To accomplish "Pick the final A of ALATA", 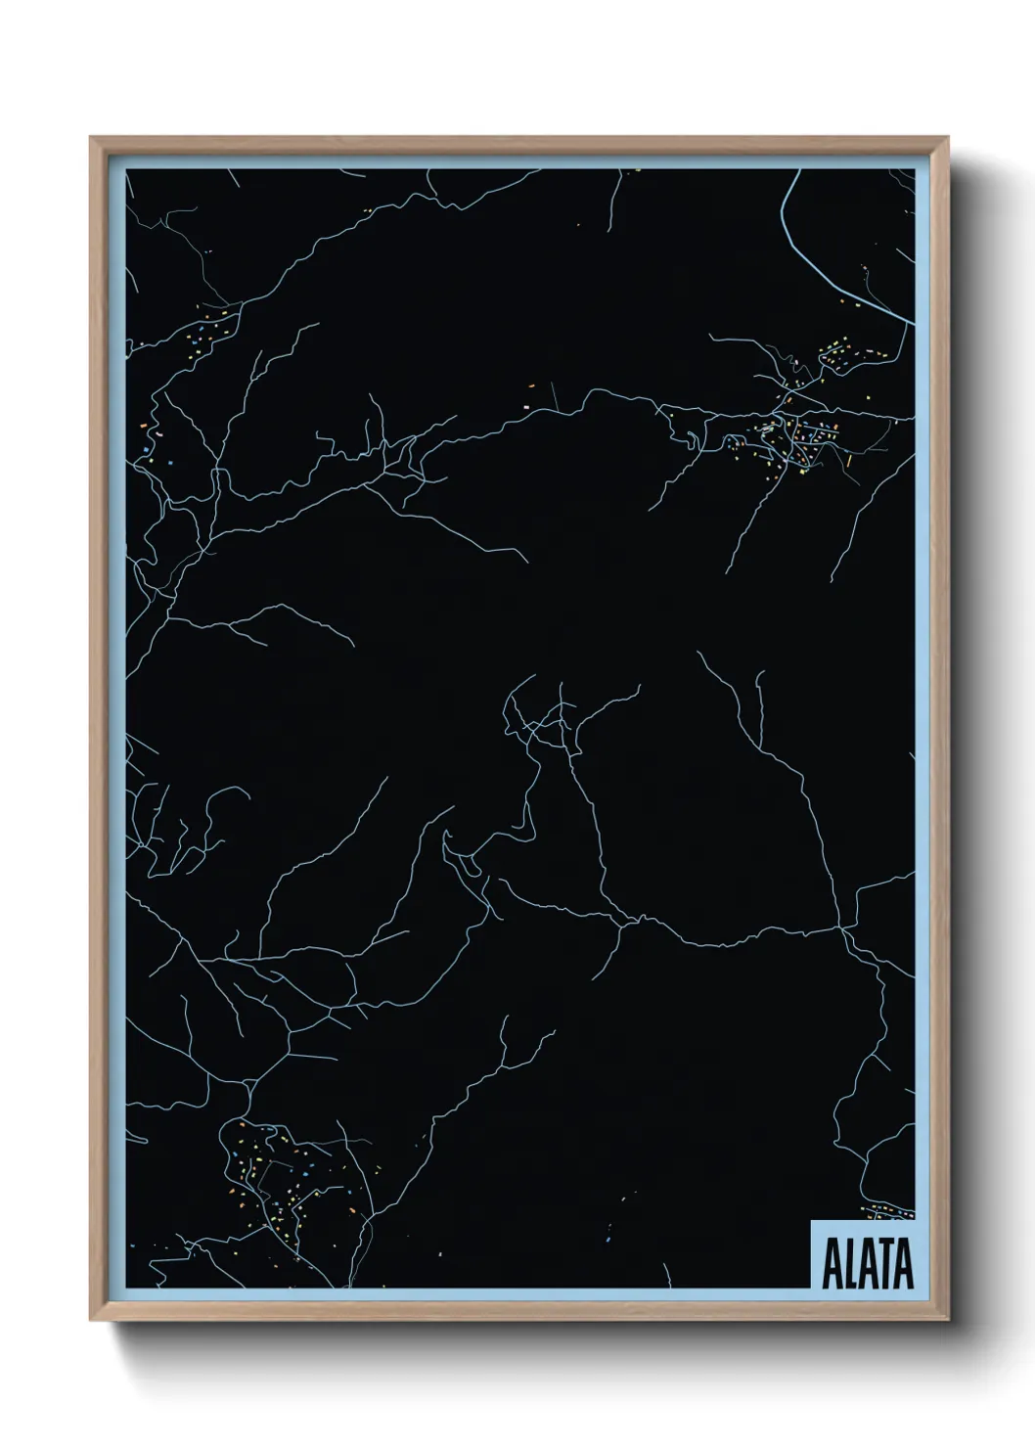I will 903,1265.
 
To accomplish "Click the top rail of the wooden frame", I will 518,145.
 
